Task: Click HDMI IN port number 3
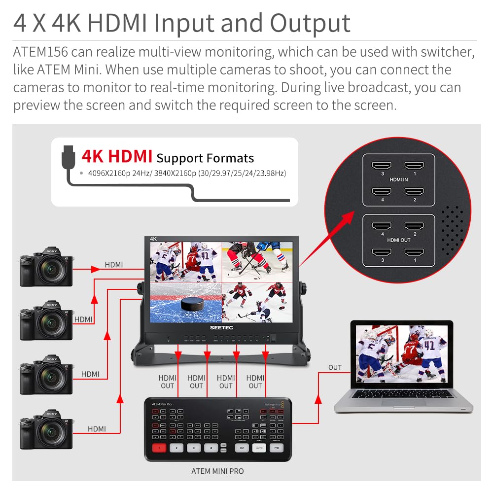click(x=381, y=166)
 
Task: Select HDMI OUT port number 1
click(x=414, y=252)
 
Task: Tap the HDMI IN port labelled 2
click(x=414, y=191)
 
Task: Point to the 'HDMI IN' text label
click(x=398, y=179)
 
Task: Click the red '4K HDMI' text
click(x=117, y=156)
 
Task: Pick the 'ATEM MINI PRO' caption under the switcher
click(x=217, y=471)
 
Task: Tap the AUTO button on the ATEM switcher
click(x=259, y=448)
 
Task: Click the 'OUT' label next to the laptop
click(x=335, y=367)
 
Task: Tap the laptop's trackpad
click(x=403, y=402)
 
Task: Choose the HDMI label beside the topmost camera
click(x=114, y=265)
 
